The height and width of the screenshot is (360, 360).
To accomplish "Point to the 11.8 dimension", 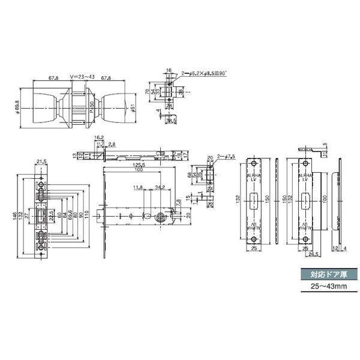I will [x=137, y=188].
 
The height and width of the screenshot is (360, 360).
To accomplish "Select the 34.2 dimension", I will [x=160, y=188].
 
